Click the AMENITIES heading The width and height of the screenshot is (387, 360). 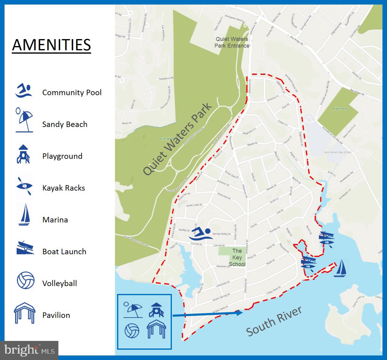(51, 45)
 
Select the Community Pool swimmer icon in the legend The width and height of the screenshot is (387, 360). (24, 91)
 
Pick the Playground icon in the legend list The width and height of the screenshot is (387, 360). (23, 154)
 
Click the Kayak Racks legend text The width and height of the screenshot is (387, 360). (64, 188)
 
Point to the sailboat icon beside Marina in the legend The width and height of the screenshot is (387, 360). (24, 215)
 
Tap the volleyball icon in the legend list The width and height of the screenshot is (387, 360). (25, 280)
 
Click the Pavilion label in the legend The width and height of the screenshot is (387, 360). (56, 315)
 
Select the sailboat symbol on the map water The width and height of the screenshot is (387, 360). (340, 268)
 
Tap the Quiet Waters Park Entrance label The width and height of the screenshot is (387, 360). (232, 42)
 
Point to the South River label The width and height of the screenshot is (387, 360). (274, 321)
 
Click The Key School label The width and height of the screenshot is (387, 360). (237, 257)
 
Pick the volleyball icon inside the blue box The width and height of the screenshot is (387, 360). (132, 331)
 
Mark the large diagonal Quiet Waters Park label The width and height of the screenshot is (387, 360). (178, 139)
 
